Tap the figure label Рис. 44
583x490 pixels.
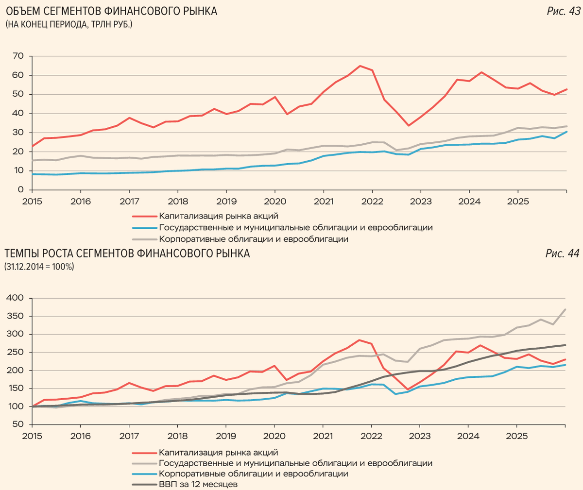click(563, 253)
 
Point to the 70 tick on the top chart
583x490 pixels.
click(18, 56)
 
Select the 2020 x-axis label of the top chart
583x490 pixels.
click(274, 201)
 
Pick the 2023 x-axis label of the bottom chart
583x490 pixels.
click(419, 436)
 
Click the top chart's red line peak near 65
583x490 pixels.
click(360, 66)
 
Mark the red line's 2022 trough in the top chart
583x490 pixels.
click(409, 126)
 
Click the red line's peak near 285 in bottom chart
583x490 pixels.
click(359, 340)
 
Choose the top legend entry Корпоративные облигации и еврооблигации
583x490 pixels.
click(253, 239)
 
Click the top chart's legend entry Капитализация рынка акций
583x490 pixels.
click(218, 216)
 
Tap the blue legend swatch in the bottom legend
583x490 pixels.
click(144, 474)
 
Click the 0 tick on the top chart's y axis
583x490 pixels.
click(21, 190)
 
